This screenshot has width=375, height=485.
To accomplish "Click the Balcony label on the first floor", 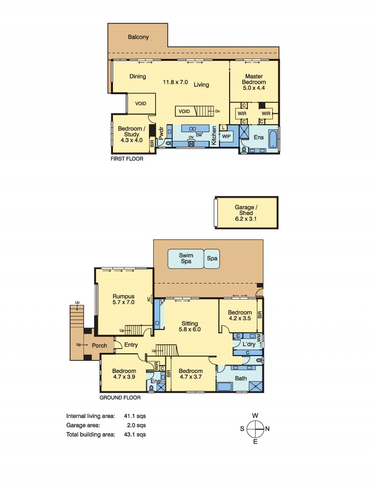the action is pos(138,37).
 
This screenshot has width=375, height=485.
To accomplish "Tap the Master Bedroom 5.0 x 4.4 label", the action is pos(254,82).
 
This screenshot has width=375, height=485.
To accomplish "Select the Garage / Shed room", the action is pos(246,213).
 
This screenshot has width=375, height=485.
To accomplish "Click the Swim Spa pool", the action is pos(186,259).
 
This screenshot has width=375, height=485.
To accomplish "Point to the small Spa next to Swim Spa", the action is pos(212,259).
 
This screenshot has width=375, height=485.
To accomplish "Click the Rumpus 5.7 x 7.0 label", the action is pos(123,299).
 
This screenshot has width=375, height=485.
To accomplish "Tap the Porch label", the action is pos(99,346).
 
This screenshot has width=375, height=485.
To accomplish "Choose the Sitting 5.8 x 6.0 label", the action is pos(190,326).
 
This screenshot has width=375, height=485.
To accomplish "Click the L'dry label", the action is pos(249,344).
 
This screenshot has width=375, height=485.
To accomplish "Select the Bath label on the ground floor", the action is pos(241,378).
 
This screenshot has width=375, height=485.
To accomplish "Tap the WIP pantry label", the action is pos(226,136).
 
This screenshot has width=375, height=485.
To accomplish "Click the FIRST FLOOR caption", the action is pos(127,159).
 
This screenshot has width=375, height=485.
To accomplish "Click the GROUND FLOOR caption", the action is pos(120,398).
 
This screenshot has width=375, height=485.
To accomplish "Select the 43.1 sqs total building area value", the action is pos(135,434).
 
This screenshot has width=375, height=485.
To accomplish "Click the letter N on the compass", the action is pos(267,429).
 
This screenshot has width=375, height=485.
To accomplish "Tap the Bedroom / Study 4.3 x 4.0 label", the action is pos(132,134).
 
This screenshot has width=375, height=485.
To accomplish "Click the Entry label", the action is pos(131,345).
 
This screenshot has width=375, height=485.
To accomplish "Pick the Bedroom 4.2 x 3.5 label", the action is pos(240,315).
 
